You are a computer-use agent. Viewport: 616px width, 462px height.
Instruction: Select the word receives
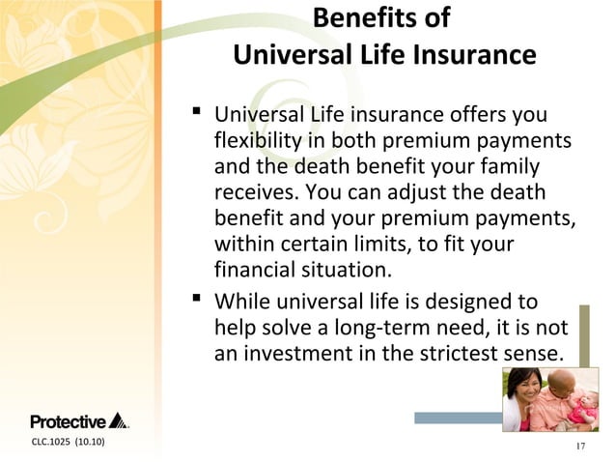coord(252,192)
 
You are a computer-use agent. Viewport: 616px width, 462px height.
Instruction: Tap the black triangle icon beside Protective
coord(118,420)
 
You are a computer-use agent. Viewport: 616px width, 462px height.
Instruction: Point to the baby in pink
coord(582,406)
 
